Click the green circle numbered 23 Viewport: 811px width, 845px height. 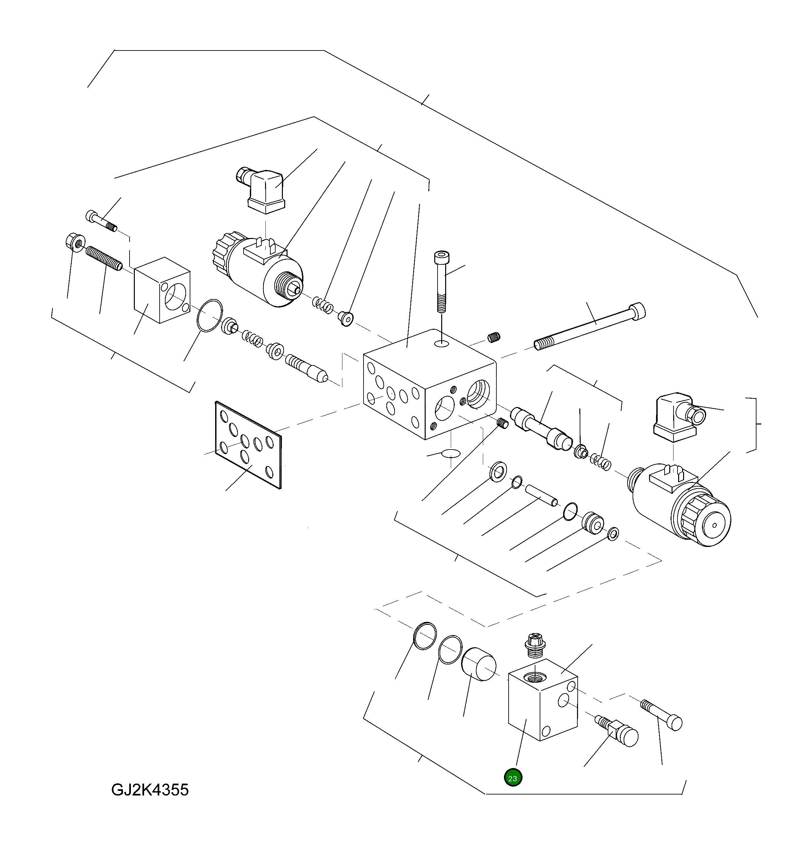click(512, 778)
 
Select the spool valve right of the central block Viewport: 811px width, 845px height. click(540, 428)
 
